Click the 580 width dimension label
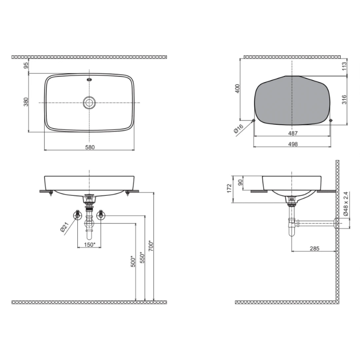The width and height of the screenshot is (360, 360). coord(90,147)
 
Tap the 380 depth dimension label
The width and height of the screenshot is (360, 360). coord(26,102)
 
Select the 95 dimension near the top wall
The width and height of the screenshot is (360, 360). coord(26,65)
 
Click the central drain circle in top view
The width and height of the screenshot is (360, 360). coord(89,102)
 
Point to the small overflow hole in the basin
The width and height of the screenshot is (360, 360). coord(89,79)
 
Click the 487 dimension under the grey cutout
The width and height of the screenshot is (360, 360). coord(293,133)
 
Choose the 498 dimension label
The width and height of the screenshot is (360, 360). coord(293,144)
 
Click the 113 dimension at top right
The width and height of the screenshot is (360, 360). coord(344,67)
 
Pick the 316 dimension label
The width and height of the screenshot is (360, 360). coord(344,100)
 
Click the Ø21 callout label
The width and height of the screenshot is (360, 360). coord(65,227)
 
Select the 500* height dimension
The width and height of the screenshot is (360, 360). coord(133,261)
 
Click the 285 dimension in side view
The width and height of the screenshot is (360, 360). coord(314,248)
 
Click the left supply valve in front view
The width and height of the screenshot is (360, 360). coord(78,215)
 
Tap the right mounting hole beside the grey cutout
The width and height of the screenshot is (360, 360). coord(331,120)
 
